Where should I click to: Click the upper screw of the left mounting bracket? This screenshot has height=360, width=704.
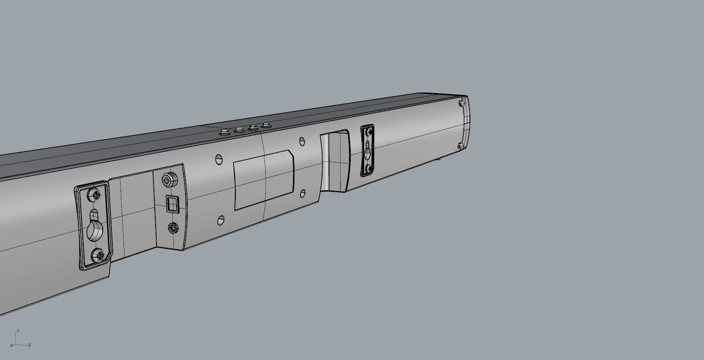(94, 195)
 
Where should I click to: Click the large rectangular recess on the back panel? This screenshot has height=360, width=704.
(264, 180)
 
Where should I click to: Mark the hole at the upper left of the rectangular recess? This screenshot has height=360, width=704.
(219, 159)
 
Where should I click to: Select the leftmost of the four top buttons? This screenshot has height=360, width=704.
(225, 131)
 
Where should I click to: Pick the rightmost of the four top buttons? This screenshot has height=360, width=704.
(265, 125)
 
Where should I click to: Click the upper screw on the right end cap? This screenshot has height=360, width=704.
(462, 104)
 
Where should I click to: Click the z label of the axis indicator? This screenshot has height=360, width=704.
(17, 331)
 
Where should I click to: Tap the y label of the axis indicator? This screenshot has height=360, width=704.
(29, 345)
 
